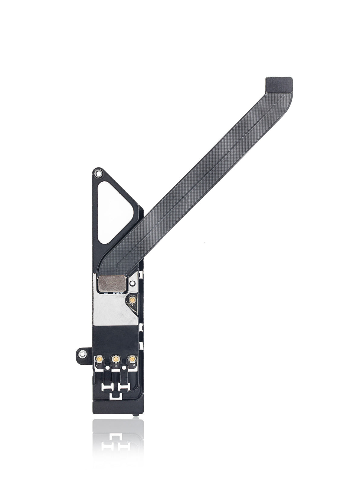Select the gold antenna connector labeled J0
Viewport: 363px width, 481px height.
(132, 359)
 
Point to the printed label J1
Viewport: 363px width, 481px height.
(116, 366)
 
